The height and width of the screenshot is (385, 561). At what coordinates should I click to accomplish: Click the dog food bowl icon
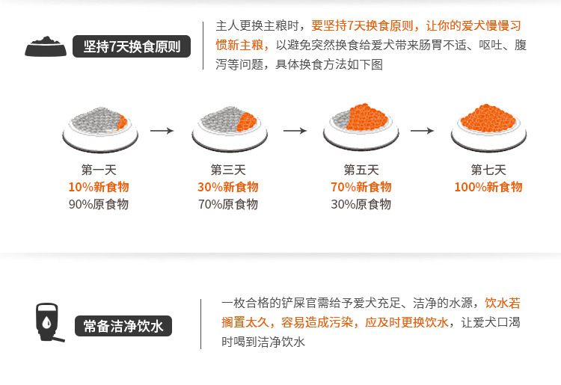(46, 46)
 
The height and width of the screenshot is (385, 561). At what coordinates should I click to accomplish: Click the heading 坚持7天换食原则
(131, 46)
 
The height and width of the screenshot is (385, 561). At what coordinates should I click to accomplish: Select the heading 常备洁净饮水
(123, 326)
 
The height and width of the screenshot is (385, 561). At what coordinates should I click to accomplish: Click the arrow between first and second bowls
(162, 130)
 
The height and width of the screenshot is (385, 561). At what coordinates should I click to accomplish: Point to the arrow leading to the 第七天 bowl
(423, 130)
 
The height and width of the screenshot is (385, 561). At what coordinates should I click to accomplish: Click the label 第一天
(99, 170)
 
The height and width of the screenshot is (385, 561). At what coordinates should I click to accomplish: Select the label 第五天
(361, 170)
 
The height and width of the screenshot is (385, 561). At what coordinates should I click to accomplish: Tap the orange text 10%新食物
(99, 187)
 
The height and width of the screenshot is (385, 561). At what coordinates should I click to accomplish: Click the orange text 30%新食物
(228, 187)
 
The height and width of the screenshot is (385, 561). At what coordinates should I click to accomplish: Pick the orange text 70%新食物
(361, 187)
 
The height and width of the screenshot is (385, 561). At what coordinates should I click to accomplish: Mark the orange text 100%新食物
(488, 187)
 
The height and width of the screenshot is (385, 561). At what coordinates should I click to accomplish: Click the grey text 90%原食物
(99, 204)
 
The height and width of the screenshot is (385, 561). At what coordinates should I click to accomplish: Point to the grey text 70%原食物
(228, 204)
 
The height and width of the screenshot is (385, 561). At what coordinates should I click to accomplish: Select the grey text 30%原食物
(361, 204)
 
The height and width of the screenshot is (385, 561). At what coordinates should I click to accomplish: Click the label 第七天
(488, 170)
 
